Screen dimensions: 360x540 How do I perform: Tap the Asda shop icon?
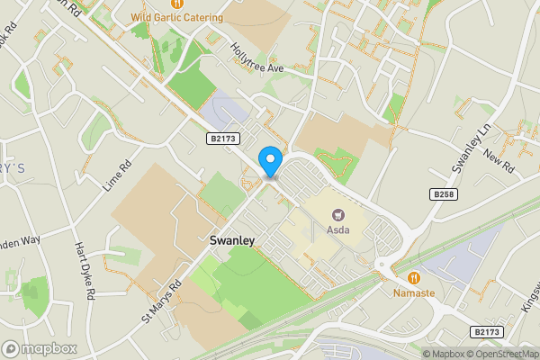[339, 215]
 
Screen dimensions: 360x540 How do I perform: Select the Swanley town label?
[232, 240]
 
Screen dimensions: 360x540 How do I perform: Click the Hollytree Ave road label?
[256, 58]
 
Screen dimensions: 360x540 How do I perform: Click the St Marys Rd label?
[161, 301]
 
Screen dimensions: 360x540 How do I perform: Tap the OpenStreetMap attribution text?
[507, 354]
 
